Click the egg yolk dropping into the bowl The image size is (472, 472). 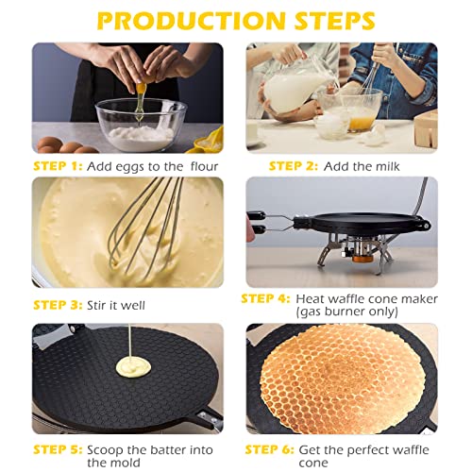[x=141, y=90]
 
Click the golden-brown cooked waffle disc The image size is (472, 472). [x=342, y=382]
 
